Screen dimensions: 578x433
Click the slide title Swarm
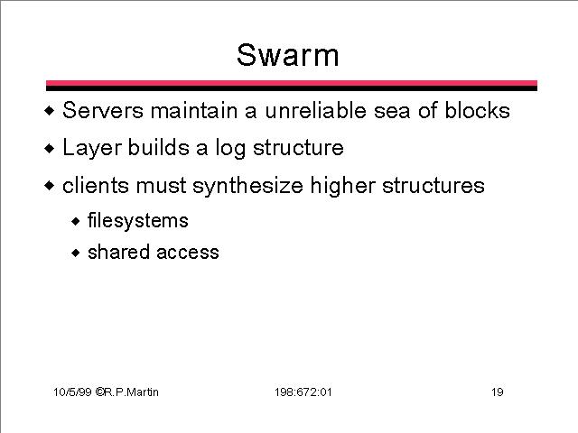287,55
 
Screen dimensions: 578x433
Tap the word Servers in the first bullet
103,110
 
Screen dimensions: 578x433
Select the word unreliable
315,110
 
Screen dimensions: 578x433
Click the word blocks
477,110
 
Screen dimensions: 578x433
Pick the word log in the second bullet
230,148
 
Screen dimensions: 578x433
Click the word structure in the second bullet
298,148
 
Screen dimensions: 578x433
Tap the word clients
96,185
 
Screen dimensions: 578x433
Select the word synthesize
247,186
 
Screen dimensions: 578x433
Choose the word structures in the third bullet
433,185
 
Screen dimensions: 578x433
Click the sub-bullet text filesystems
138,221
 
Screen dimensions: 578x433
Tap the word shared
118,253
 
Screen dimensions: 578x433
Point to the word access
188,253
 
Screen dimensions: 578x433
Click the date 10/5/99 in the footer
72,392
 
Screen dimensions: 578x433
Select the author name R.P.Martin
131,392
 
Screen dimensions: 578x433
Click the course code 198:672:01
303,392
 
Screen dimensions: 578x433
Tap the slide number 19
498,392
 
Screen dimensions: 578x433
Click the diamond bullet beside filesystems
76,221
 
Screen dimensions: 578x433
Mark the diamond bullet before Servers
49,110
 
